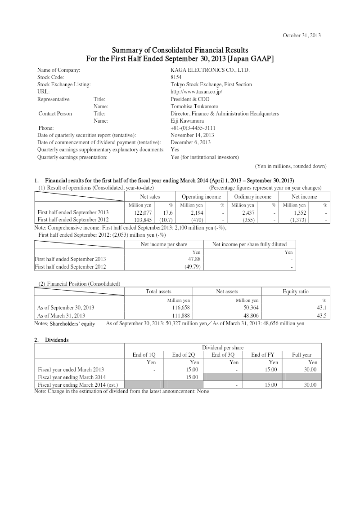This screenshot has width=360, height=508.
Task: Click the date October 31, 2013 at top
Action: pos(301,35)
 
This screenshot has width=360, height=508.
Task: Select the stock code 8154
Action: pos(176,77)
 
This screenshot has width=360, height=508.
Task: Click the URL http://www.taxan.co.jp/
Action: pos(197,92)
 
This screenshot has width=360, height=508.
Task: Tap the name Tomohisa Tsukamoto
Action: pos(194,106)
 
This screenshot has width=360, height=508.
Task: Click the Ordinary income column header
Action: pos(252,197)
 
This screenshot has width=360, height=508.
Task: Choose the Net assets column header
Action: pos(227,292)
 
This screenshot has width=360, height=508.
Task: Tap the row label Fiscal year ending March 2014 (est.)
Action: pos(75,385)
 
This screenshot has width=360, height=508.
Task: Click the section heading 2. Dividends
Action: pos(51,340)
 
